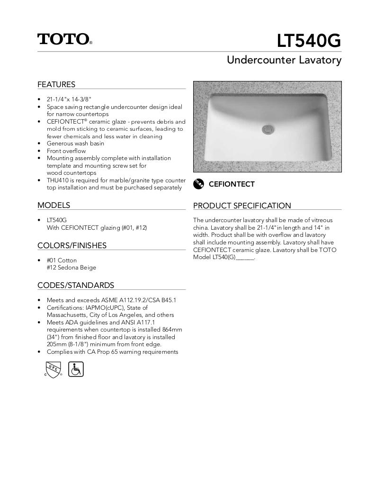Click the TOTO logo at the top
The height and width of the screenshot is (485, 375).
pyautogui.click(x=64, y=39)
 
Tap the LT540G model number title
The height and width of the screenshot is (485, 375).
pyautogui.click(x=309, y=41)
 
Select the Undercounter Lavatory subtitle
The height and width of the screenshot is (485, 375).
pyautogui.click(x=284, y=60)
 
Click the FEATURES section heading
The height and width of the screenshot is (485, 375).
pyautogui.click(x=56, y=84)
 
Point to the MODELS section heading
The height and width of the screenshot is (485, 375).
pyautogui.click(x=54, y=205)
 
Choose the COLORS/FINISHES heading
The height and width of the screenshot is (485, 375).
pyautogui.click(x=72, y=245)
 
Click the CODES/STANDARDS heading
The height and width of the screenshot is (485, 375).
pyautogui.click(x=76, y=285)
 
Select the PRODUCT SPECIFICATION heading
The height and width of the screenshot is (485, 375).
pyautogui.click(x=242, y=206)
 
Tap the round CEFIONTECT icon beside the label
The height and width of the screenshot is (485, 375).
pyautogui.click(x=198, y=184)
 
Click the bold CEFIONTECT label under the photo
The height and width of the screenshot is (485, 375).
pyautogui.click(x=232, y=184)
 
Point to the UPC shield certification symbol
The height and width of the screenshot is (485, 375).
pyautogui.click(x=53, y=369)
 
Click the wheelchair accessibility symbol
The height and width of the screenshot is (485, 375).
pyautogui.click(x=76, y=369)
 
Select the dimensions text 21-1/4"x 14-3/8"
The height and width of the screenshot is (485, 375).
pyautogui.click(x=69, y=99)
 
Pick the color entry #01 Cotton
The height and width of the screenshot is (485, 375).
pyautogui.click(x=62, y=260)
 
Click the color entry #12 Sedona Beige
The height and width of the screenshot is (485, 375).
pyautogui.click(x=71, y=268)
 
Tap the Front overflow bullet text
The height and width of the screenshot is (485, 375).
pyautogui.click(x=66, y=151)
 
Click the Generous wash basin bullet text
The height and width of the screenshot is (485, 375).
pyautogui.click(x=75, y=144)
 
